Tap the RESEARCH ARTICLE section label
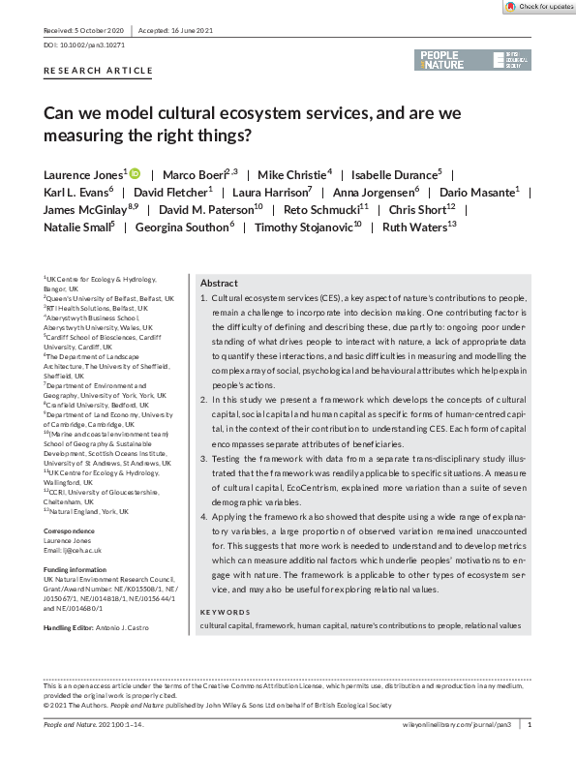click(x=99, y=71)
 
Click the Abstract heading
click(x=219, y=284)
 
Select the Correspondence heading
click(x=70, y=531)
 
